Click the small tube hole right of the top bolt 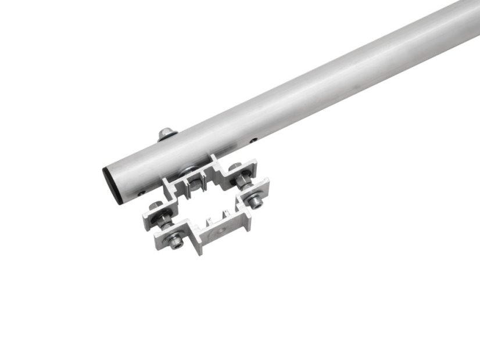click(x=253, y=139)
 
